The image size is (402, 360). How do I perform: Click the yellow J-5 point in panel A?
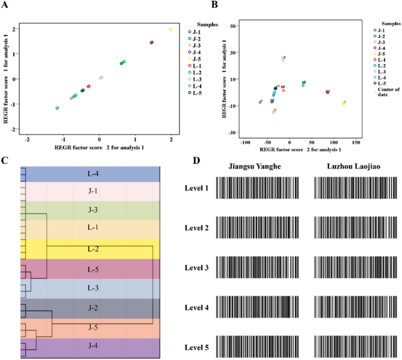170,30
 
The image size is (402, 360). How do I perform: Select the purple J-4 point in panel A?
152,42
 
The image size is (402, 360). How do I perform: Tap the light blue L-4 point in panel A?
57,108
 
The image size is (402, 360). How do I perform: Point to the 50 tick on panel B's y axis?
233,26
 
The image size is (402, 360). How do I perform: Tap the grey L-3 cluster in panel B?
283,59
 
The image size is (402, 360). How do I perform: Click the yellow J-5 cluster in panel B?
343,103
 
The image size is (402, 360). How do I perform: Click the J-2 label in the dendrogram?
93,308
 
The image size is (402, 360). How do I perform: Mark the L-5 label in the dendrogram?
93,269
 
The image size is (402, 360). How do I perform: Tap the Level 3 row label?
197,268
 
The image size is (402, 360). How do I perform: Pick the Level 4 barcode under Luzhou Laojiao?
355,308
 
